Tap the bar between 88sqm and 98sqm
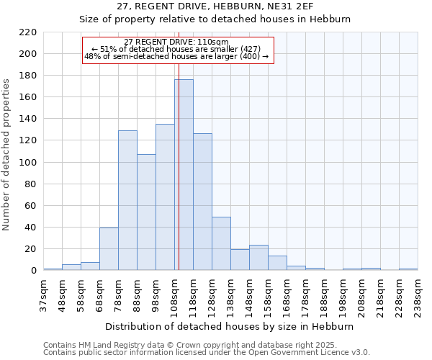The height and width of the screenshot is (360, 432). (x=146, y=212)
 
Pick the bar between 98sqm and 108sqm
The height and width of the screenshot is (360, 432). (x=165, y=197)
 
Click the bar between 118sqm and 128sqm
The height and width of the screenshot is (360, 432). (x=202, y=202)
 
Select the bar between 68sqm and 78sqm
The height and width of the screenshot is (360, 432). (x=109, y=249)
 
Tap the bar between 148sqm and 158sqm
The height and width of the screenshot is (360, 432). (x=258, y=258)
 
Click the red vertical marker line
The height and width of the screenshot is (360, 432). (x=179, y=144)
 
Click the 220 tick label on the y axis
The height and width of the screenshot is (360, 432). (x=28, y=32)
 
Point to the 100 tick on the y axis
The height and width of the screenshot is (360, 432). (x=28, y=163)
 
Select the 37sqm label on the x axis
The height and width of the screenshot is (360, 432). (x=43, y=295)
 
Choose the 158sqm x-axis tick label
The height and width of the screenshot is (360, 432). (x=268, y=295)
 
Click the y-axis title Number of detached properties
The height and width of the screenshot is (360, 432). (x=7, y=151)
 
